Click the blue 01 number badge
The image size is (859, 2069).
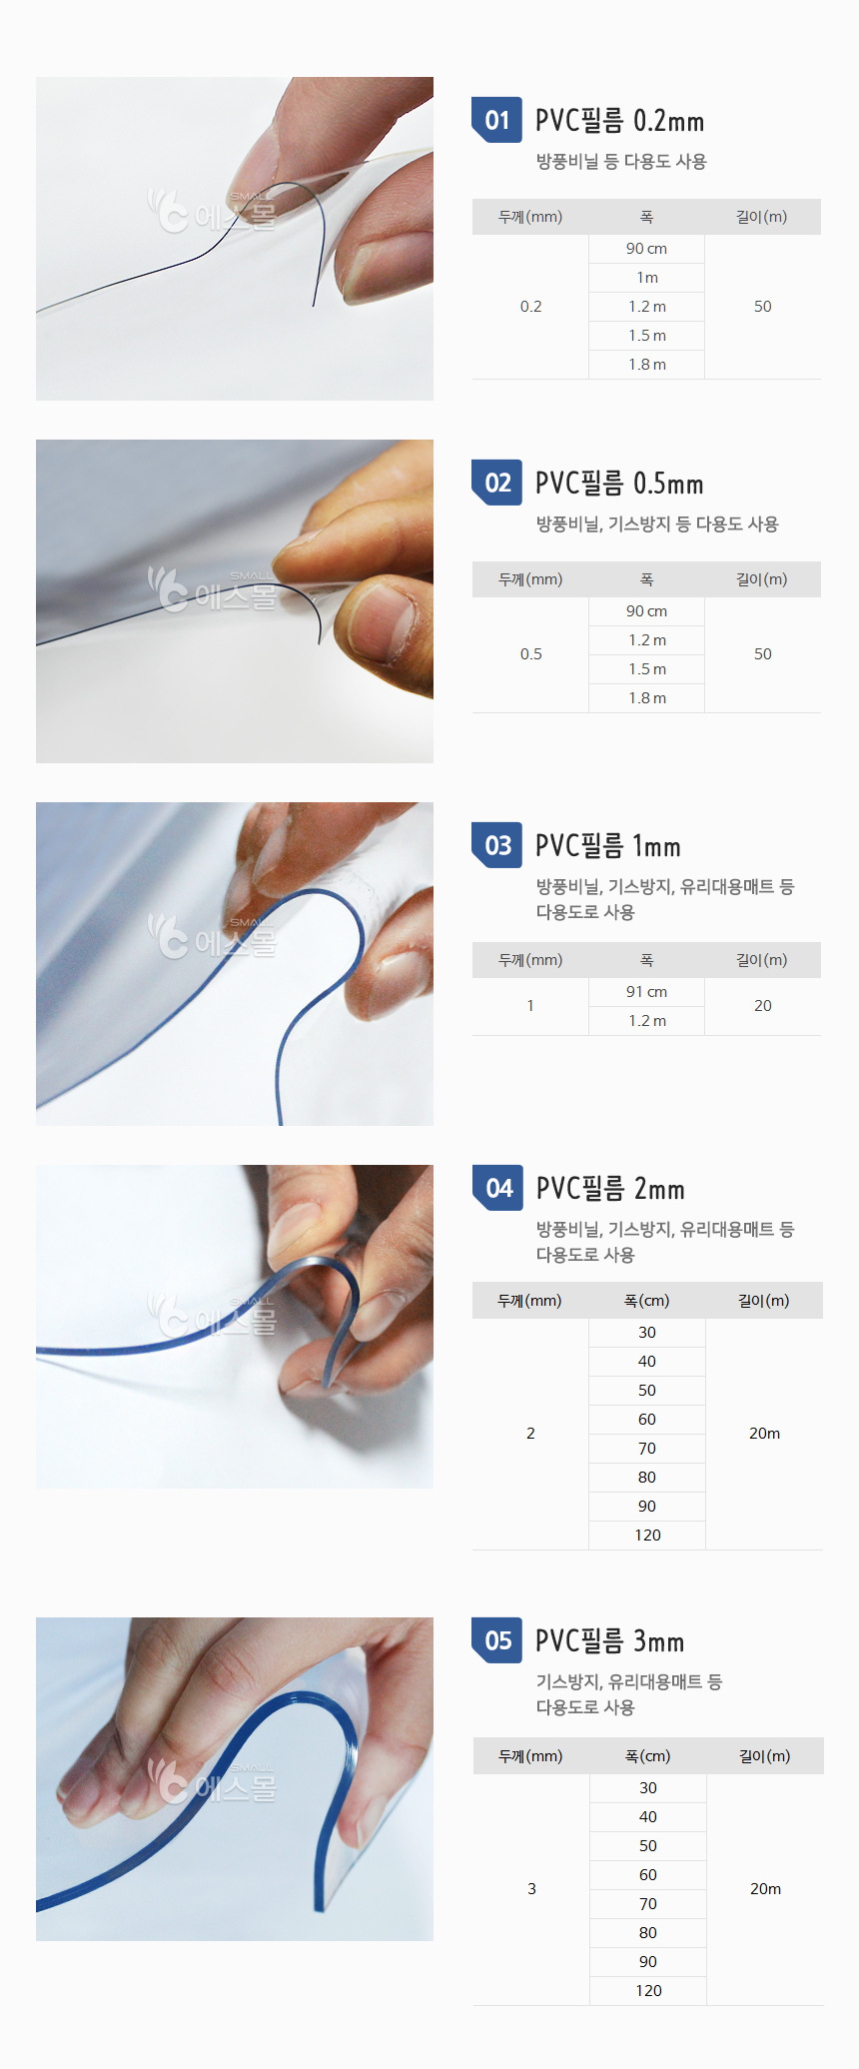coord(496,120)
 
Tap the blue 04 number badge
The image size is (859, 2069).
coord(497,1188)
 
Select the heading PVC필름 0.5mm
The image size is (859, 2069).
coord(619,484)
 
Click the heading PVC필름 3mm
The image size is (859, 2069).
coord(610,1640)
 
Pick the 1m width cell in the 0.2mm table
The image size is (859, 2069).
coord(647,278)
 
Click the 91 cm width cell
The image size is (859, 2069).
coord(647,992)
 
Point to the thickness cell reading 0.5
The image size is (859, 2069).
coord(530,654)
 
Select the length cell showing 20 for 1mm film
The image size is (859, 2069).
coord(763,1006)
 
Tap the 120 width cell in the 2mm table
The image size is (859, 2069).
coord(647,1536)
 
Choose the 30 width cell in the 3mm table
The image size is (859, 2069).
coord(648,1788)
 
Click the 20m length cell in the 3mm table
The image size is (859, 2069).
coord(765,1889)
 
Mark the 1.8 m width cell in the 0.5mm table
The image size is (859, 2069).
coord(647,698)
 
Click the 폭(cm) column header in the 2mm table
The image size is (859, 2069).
coord(647,1301)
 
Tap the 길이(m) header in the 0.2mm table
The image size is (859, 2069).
coord(762,217)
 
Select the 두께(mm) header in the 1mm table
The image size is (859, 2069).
coord(530,960)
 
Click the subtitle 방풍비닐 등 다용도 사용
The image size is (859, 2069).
coord(621,161)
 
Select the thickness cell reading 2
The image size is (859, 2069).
coord(530,1434)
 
